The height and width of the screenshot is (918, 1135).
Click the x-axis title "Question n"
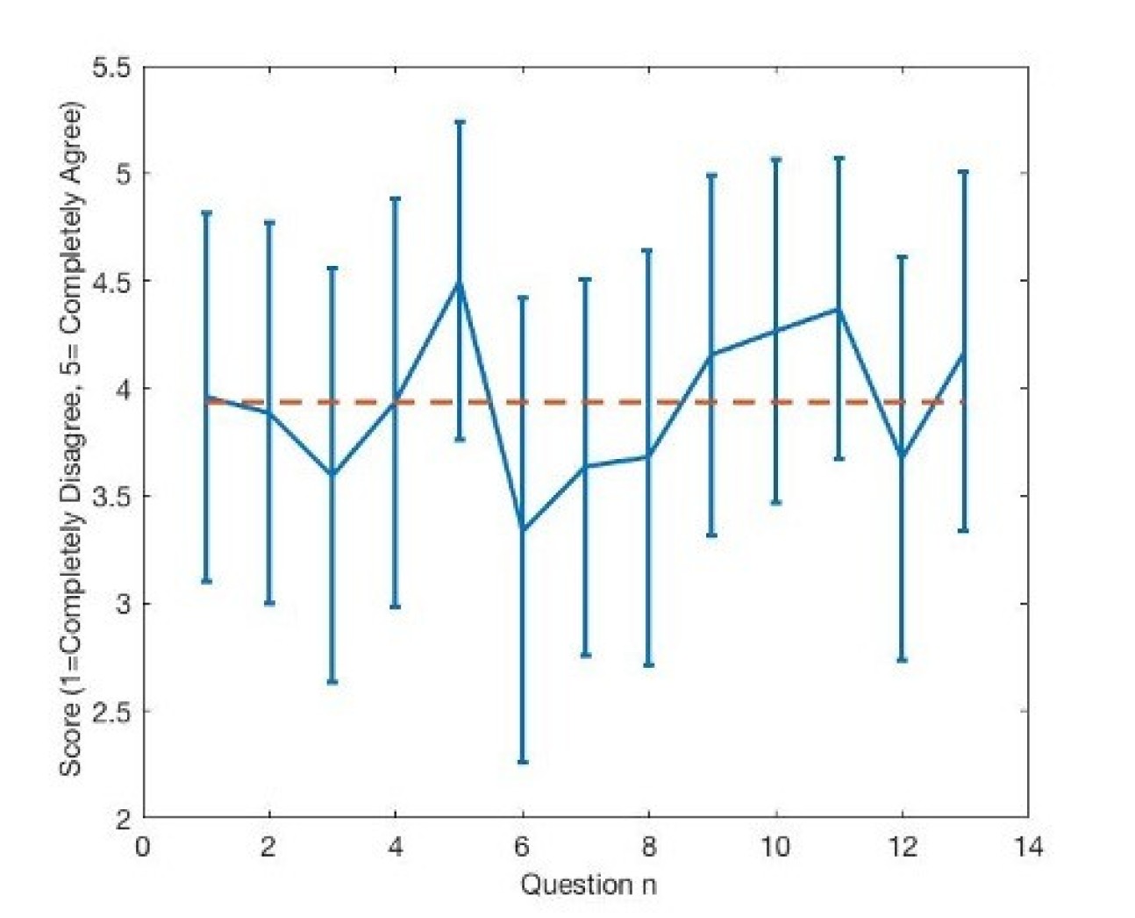(588, 884)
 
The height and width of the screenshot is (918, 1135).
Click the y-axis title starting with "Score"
(72, 441)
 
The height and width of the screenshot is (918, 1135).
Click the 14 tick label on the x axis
(1028, 848)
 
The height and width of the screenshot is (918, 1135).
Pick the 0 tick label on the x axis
(143, 848)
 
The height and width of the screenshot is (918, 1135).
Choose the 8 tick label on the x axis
(649, 848)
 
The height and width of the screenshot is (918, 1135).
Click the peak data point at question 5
(459, 283)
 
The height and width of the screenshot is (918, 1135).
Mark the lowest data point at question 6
(523, 528)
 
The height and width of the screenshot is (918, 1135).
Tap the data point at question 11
(839, 309)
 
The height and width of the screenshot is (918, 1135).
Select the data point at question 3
(332, 474)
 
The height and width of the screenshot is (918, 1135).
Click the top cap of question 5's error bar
(459, 122)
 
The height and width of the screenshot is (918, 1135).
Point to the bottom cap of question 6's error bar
(523, 762)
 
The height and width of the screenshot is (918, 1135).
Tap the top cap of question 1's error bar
(206, 213)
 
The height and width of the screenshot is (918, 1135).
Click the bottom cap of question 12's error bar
(902, 660)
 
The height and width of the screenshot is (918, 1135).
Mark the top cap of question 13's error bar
(964, 172)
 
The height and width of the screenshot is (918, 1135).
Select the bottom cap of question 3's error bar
(332, 682)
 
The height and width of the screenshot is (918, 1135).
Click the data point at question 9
(712, 354)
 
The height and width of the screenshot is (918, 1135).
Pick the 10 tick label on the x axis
(775, 848)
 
